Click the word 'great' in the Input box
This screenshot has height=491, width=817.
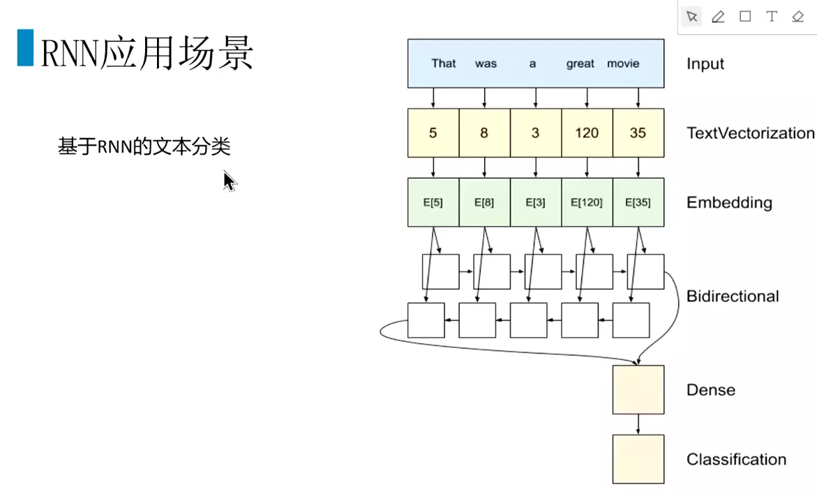pos(580,63)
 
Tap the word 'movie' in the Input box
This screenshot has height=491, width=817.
pos(622,63)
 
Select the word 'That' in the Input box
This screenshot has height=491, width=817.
pos(443,63)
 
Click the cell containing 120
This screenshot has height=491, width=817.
pos(587,133)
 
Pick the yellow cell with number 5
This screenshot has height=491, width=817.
pos(433,133)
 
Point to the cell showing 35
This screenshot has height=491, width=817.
pos(638,133)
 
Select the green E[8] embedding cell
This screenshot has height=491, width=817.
pos(484,202)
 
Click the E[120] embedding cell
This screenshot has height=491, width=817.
pos(587,202)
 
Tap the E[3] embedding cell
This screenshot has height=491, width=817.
pos(535,202)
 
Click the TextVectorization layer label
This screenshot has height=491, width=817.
pos(750,133)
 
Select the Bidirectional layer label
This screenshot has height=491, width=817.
pos(733,296)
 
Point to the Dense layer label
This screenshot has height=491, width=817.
pos(710,390)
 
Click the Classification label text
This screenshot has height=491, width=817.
pos(736,459)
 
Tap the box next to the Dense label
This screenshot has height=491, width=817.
pos(638,390)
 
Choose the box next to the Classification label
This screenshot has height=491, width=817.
pos(638,459)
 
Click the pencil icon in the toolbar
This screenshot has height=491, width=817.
pos(718,17)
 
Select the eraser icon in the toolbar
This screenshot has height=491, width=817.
pos(798,17)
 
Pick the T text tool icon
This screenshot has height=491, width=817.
pos(771,17)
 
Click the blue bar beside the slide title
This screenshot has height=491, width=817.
pos(25,47)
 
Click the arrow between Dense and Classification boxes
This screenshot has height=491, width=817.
pos(638,425)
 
